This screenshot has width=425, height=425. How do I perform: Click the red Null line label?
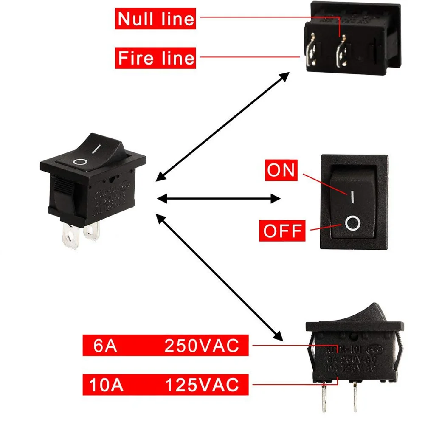[x=155, y=19]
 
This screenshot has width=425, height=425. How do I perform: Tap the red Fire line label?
[x=155, y=57]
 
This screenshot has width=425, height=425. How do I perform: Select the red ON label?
[x=281, y=170]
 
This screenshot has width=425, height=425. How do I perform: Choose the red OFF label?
[x=282, y=231]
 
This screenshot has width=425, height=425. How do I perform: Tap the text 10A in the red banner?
[x=106, y=386]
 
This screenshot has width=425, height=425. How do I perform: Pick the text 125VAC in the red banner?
[x=202, y=386]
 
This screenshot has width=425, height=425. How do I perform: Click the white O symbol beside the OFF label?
[x=352, y=223]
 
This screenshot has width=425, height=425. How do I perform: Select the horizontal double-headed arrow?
[x=219, y=198]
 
